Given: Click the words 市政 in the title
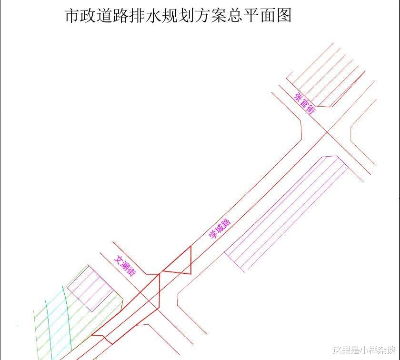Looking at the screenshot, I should (78, 15).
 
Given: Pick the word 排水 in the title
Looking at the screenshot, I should (143, 15).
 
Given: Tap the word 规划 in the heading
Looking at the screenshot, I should (176, 15).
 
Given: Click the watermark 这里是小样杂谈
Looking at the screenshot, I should (364, 350).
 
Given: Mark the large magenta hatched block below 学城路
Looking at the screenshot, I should (286, 214).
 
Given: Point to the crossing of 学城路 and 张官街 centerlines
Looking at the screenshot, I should (327, 133).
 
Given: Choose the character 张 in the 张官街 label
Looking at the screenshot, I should (298, 98).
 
